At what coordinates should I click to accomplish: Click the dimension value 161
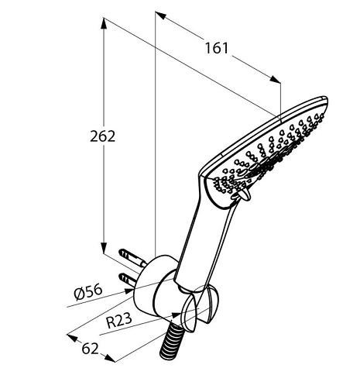point(217,48)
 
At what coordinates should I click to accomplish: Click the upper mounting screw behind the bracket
point(129,255)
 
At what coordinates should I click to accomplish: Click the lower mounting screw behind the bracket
point(128,277)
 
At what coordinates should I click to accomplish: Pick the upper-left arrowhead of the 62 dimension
point(70,336)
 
